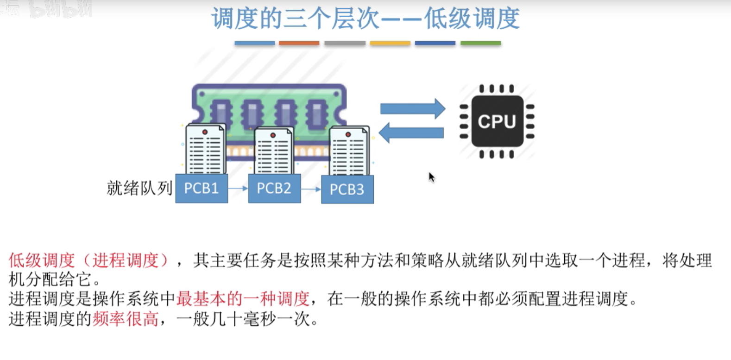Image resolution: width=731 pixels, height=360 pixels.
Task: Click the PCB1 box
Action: coord(202,189)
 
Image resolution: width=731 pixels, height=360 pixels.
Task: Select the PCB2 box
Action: coord(274,189)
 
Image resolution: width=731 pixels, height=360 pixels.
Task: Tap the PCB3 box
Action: coord(347,189)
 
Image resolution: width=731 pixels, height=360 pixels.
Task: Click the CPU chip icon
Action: coord(497,121)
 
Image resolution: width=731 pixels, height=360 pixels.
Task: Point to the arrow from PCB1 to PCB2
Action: coord(238,189)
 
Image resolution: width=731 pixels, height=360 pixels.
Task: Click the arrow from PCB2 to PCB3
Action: coord(311,189)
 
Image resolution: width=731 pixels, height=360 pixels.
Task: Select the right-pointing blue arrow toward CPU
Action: coord(412,109)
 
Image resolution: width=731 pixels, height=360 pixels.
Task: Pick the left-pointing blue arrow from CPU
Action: coord(411,133)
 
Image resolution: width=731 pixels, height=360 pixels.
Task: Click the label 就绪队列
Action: coord(139,188)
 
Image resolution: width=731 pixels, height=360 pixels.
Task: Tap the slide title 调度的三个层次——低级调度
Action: coord(365,19)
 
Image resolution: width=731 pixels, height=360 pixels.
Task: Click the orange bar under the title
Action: coord(299,43)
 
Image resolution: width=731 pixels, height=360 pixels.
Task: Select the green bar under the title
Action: coord(480,43)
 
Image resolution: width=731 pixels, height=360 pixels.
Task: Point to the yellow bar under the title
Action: coord(390,43)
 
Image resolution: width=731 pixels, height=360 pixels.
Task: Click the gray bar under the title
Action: coord(345,43)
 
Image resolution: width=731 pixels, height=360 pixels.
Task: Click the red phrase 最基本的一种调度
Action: coord(243,299)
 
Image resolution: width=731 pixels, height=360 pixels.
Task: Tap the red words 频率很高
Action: coord(126,319)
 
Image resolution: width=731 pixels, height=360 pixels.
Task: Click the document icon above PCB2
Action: coord(274,151)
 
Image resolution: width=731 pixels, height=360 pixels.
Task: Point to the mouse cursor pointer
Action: coord(431,177)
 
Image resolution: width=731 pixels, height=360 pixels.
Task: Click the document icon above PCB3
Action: coord(348,151)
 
